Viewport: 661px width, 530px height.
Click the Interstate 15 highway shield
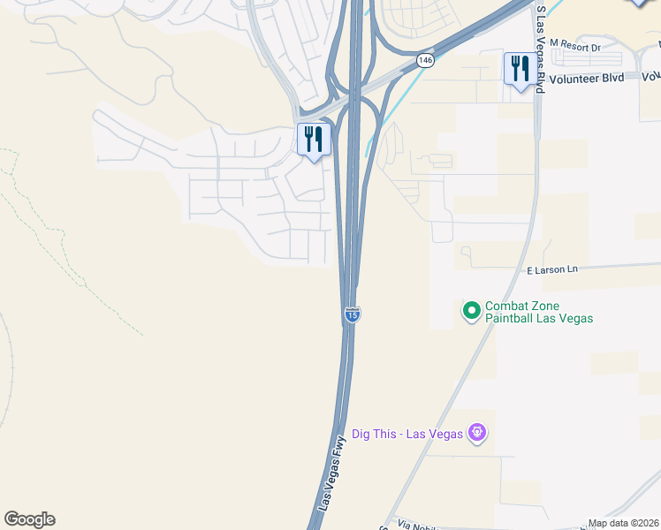pyautogui.click(x=352, y=314)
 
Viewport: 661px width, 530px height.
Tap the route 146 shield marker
pyautogui.click(x=426, y=60)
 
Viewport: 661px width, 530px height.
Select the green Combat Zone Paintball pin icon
pyautogui.click(x=471, y=310)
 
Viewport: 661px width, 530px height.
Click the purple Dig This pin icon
pyautogui.click(x=477, y=433)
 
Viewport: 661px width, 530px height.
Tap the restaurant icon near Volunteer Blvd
pyautogui.click(x=518, y=69)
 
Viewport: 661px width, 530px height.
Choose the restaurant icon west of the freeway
pyautogui.click(x=314, y=140)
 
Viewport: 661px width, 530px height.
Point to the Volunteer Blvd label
pyautogui.click(x=586, y=77)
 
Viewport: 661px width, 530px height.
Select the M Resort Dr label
pyautogui.click(x=574, y=43)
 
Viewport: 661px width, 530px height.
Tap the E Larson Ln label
pyautogui.click(x=552, y=269)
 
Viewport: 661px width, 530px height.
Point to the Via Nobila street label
pyautogui.click(x=418, y=524)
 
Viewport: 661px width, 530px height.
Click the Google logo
pyautogui.click(x=29, y=519)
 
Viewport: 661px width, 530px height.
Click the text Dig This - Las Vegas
pyautogui.click(x=409, y=433)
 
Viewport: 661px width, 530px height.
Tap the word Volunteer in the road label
pyautogui.click(x=574, y=77)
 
